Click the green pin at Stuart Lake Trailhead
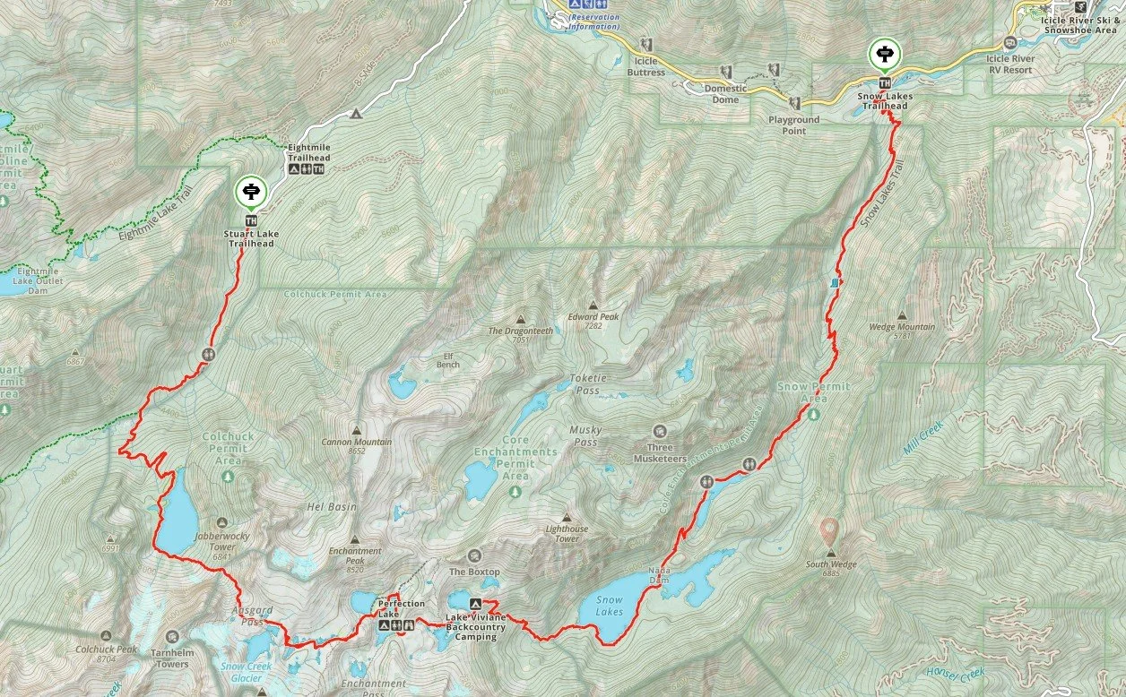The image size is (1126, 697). [x=249, y=191]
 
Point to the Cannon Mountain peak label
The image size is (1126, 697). [x=357, y=442]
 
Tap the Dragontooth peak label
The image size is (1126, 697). [x=520, y=331]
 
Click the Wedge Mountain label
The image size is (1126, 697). [x=901, y=327]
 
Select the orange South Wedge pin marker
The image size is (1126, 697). [x=830, y=529]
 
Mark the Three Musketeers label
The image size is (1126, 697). [x=660, y=447]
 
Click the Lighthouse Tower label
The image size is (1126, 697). [x=567, y=534]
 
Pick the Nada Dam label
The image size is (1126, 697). [x=659, y=579]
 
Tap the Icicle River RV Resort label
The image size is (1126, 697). [x=1009, y=65]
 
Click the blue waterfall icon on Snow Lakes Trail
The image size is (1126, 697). [x=836, y=282]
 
